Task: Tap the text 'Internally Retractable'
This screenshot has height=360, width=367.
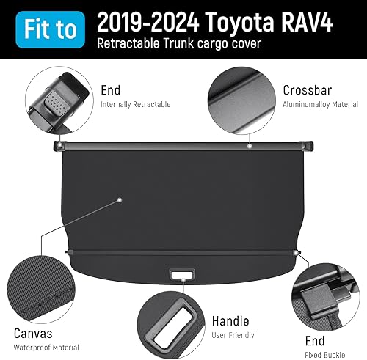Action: click(x=135, y=105)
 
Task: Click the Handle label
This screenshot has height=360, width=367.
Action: click(x=230, y=321)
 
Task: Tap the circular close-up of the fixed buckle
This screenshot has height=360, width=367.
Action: click(x=322, y=295)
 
